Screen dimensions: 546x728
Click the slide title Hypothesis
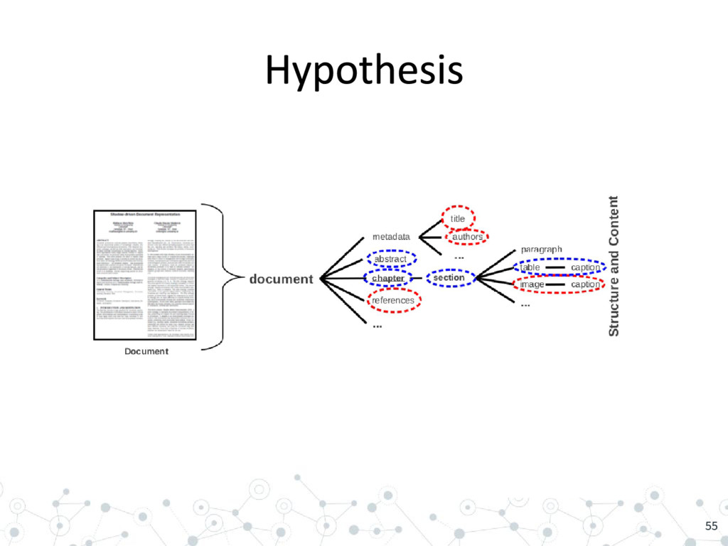tap(364, 71)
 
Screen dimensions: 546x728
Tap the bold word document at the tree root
tap(281, 279)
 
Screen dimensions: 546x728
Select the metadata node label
tap(391, 237)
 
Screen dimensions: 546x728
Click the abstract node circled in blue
tap(390, 259)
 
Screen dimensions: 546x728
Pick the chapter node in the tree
tap(388, 279)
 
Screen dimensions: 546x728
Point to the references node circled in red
tap(393, 301)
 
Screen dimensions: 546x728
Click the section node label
tap(449, 278)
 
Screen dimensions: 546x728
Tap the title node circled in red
tap(458, 219)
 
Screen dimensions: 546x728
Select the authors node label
tap(467, 237)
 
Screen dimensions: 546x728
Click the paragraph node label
tap(542, 250)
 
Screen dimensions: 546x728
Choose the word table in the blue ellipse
tap(530, 267)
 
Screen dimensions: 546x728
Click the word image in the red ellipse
tap(532, 284)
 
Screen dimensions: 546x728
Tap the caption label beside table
tap(586, 267)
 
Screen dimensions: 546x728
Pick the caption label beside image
tap(586, 284)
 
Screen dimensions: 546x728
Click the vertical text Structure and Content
tap(614, 267)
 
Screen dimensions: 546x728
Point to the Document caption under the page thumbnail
tap(146, 351)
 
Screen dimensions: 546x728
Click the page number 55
tap(711, 526)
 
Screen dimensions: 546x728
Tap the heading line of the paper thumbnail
tap(145, 213)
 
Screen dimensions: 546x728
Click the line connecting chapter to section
tap(417, 278)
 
